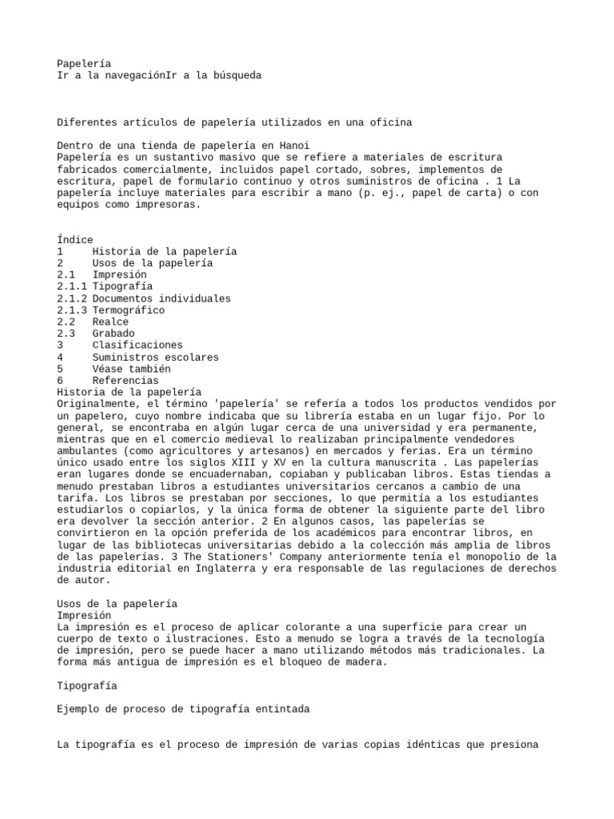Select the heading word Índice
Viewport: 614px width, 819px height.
tap(75, 240)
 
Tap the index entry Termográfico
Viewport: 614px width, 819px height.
tap(129, 310)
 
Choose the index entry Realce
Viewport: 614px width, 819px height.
tap(110, 322)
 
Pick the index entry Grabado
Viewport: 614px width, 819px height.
tap(114, 334)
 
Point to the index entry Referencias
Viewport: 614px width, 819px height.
tap(126, 381)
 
